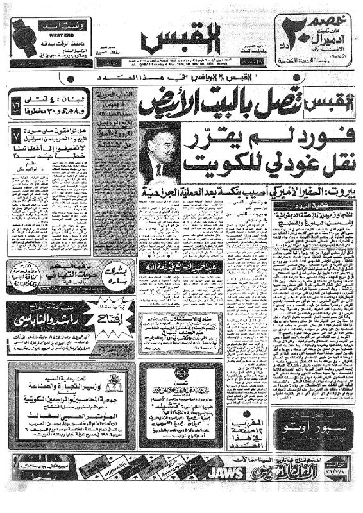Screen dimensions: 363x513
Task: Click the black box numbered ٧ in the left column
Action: pyautogui.click(x=16, y=136)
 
